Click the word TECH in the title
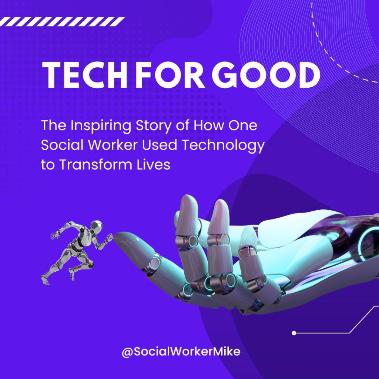(x=85, y=75)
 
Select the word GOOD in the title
(x=266, y=75)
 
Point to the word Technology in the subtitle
(x=223, y=145)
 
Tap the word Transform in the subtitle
(x=96, y=165)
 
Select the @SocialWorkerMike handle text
(x=181, y=352)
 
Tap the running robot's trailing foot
(x=45, y=280)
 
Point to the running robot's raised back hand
(x=55, y=235)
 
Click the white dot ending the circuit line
(x=294, y=333)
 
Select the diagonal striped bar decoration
(x=62, y=21)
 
